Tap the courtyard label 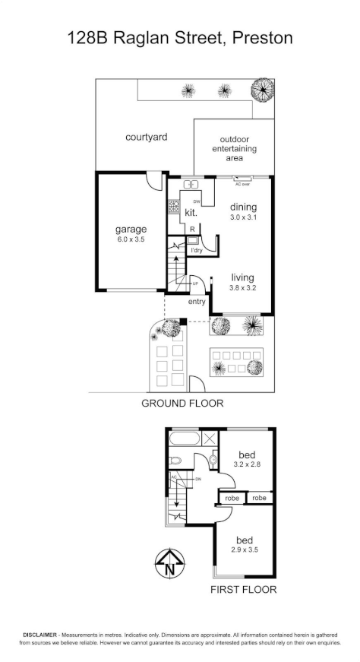(x=146, y=138)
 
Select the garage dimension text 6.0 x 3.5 (x=131, y=239)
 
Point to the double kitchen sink (x=190, y=184)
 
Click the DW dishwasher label (x=197, y=201)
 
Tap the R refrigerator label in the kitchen (x=192, y=228)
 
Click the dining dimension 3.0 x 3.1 (x=244, y=217)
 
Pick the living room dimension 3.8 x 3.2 (x=242, y=288)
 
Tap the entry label (x=197, y=302)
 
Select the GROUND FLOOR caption (x=182, y=403)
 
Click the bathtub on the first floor (x=185, y=440)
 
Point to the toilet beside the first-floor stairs (x=175, y=460)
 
